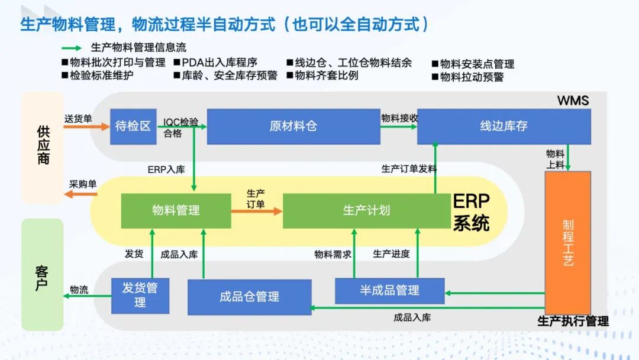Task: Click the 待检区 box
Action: pos(133,126)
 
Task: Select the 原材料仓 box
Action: pos(293,126)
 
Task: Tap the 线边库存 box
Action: pos(504,126)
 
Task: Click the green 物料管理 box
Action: pos(176,210)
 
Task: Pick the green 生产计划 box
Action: pos(366,210)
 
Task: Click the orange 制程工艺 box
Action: pos(567,242)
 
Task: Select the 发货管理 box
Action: pos(140,295)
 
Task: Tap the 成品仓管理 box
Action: pos(249,297)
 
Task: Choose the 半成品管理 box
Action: pos(389,291)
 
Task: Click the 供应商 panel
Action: pos(43,148)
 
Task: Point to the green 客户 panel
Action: pos(43,274)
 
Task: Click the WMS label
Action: pos(573,101)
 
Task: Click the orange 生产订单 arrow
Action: pos(256,210)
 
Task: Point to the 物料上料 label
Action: pos(555,159)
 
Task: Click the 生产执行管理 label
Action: pos(573,322)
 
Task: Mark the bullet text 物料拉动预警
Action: pos(472,77)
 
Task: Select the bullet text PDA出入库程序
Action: pos(220,63)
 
